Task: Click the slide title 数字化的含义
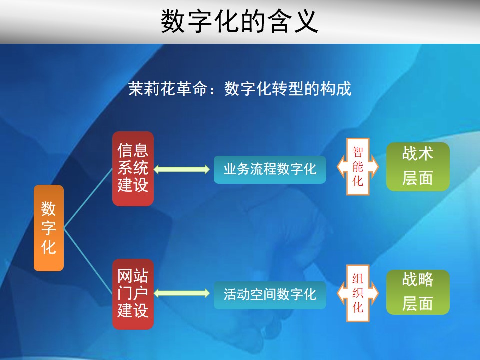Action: click(239, 21)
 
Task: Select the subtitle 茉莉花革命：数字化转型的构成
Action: click(240, 89)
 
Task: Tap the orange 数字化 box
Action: click(49, 228)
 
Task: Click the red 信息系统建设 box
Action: click(133, 168)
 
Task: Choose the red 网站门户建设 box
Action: click(133, 294)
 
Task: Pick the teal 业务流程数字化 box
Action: click(270, 169)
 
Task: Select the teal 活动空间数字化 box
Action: click(270, 295)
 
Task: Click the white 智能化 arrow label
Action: click(358, 167)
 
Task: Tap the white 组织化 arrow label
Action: click(358, 293)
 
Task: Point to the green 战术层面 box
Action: click(418, 167)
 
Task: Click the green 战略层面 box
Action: click(418, 292)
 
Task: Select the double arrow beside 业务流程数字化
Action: click(182, 169)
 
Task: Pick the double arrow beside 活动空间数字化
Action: click(182, 294)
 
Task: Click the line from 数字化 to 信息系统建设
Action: click(88, 198)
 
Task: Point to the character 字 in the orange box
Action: click(49, 228)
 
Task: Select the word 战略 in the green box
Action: click(418, 279)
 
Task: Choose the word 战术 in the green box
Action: click(418, 153)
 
